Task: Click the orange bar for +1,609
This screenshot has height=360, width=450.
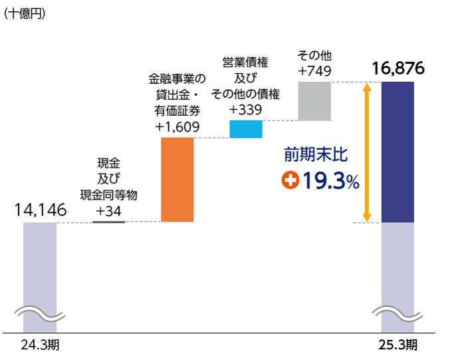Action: pos(177,180)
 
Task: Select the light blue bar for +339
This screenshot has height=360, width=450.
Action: pos(246,128)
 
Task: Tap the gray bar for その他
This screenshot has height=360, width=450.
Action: pos(314,101)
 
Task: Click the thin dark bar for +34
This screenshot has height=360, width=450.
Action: pos(108,221)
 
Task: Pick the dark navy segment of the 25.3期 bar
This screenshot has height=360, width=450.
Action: pos(397,152)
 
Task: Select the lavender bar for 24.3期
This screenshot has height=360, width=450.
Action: pos(40,266)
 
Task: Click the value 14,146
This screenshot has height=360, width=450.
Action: pos(40,210)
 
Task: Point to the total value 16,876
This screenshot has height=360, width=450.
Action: pos(398,69)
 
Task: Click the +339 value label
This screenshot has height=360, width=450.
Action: pos(245,110)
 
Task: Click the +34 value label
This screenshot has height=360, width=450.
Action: pos(109,211)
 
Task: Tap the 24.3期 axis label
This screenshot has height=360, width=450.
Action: pos(40,345)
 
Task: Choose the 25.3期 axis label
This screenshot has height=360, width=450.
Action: pos(397,345)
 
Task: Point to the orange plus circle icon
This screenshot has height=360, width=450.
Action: pos(290,180)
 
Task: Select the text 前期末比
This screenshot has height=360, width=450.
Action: pos(316,155)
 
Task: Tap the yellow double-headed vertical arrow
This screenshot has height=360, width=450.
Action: pos(366,152)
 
